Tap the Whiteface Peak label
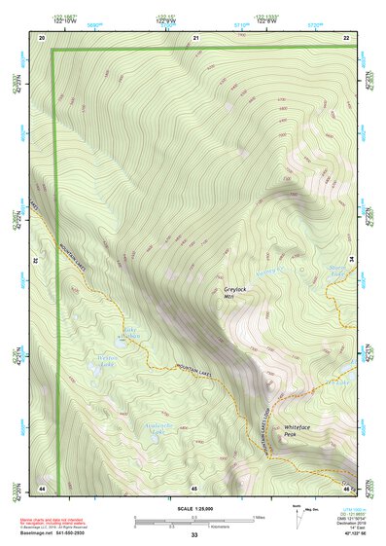(297, 430)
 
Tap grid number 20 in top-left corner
(42, 37)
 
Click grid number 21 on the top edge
(195, 37)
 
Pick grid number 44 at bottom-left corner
(42, 487)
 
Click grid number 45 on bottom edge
(194, 487)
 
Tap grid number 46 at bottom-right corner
(346, 487)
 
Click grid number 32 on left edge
(35, 261)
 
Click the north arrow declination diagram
(299, 513)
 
